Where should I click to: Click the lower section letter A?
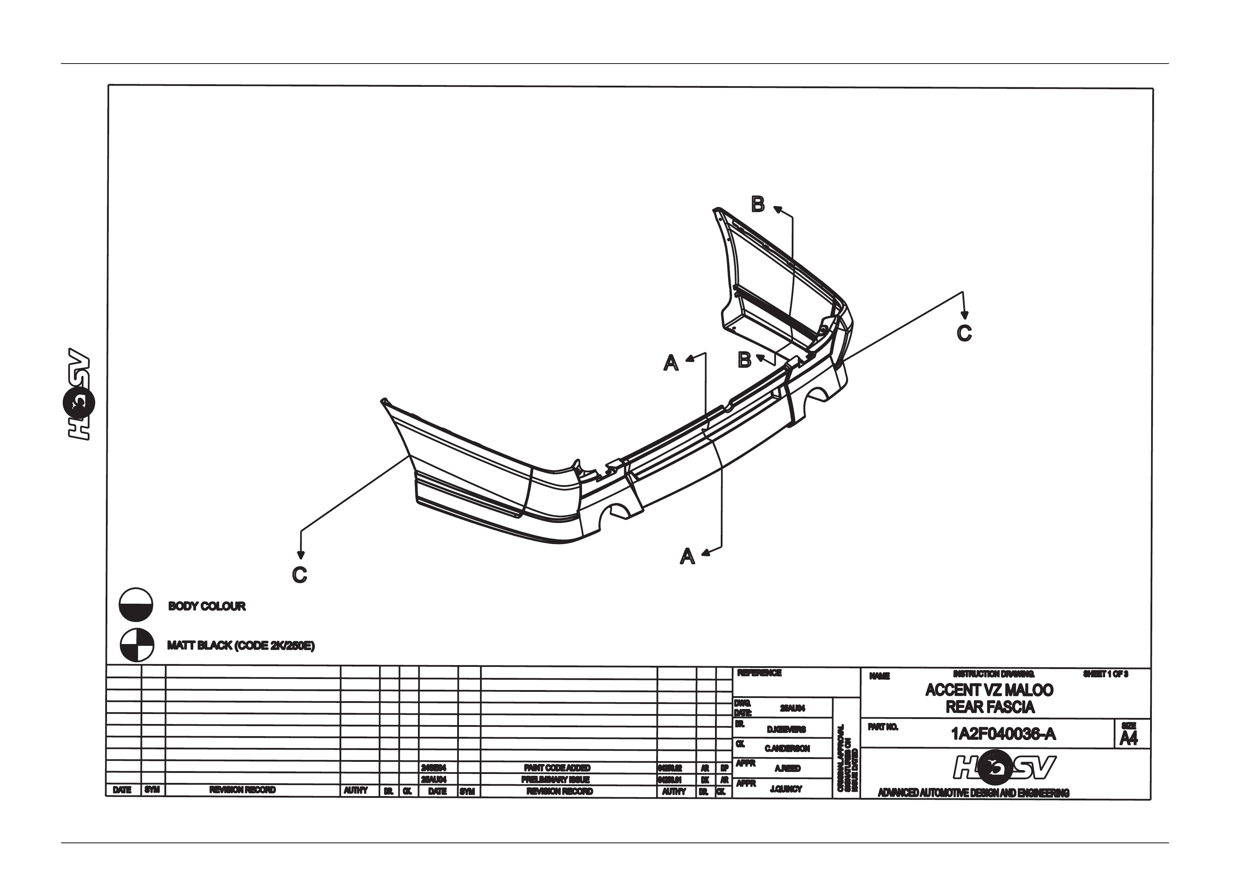pos(688,556)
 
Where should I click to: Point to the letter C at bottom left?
pos(300,575)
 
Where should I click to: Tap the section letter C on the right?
pos(964,333)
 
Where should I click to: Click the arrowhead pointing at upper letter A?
pos(689,358)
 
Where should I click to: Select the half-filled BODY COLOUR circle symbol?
pos(136,605)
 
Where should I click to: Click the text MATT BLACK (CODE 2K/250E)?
pos(241,645)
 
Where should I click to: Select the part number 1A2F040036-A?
pos(1003,734)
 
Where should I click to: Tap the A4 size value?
pos(1128,738)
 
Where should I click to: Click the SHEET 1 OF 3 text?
pos(1105,674)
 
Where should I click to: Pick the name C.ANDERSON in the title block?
pos(787,748)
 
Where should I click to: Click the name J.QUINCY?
pos(786,789)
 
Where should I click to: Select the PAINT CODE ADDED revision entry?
pos(557,768)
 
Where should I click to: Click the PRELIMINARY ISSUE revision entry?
pos(555,780)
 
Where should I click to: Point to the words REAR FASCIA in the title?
pos(990,707)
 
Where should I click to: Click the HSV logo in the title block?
pos(1004,768)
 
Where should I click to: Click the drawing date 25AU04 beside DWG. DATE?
pos(792,708)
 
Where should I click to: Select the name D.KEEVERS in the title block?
pos(786,729)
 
